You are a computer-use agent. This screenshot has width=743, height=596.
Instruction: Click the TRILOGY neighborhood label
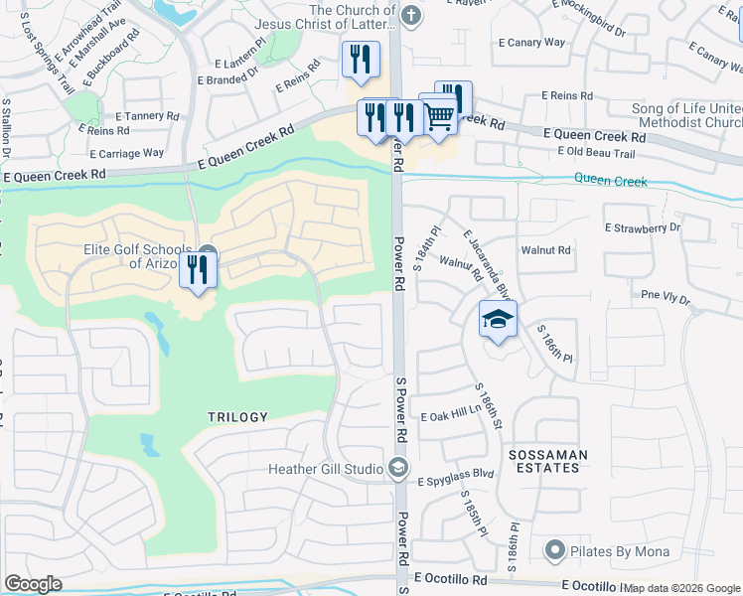click(237, 417)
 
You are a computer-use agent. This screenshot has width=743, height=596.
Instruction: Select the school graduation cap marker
click(498, 320)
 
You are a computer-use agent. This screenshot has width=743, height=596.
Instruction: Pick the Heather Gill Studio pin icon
click(397, 467)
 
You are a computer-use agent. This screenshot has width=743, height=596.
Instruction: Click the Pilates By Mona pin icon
click(554, 549)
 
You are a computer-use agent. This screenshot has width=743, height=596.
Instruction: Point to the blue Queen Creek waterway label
click(611, 182)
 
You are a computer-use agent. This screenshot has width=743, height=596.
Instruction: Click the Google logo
click(33, 584)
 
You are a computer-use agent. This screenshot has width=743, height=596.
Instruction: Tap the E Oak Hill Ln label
click(456, 417)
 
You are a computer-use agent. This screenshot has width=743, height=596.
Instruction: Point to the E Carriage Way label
click(127, 153)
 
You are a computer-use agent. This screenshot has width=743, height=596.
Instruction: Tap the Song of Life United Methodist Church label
click(686, 116)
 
